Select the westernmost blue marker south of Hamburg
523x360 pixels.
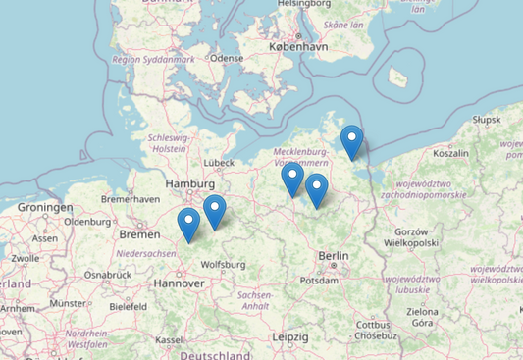coord(188,225)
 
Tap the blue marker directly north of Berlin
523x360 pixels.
coord(316,190)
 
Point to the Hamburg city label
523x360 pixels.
coord(190,183)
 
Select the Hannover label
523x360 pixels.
coord(178,283)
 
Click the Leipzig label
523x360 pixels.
coord(289,336)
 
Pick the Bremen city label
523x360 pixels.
coord(137,234)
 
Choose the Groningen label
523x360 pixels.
coord(45,208)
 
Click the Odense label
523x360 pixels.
coord(226,58)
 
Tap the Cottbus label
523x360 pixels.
coord(374,325)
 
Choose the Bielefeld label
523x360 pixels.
coord(128,306)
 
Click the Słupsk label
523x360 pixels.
coord(486,119)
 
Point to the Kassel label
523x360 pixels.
coord(169,339)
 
